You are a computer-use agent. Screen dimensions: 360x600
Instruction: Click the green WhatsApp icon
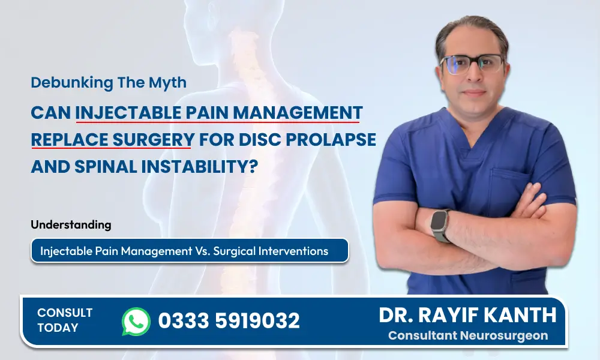tap(136, 322)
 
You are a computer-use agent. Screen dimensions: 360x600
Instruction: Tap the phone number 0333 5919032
tap(229, 321)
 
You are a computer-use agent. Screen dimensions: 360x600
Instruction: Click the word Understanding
tap(71, 225)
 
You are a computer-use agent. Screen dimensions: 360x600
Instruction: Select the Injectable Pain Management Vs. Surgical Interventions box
tap(190, 251)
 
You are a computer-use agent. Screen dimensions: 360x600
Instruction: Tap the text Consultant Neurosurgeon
tap(467, 335)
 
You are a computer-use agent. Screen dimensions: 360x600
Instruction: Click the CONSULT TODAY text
tap(64, 320)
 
